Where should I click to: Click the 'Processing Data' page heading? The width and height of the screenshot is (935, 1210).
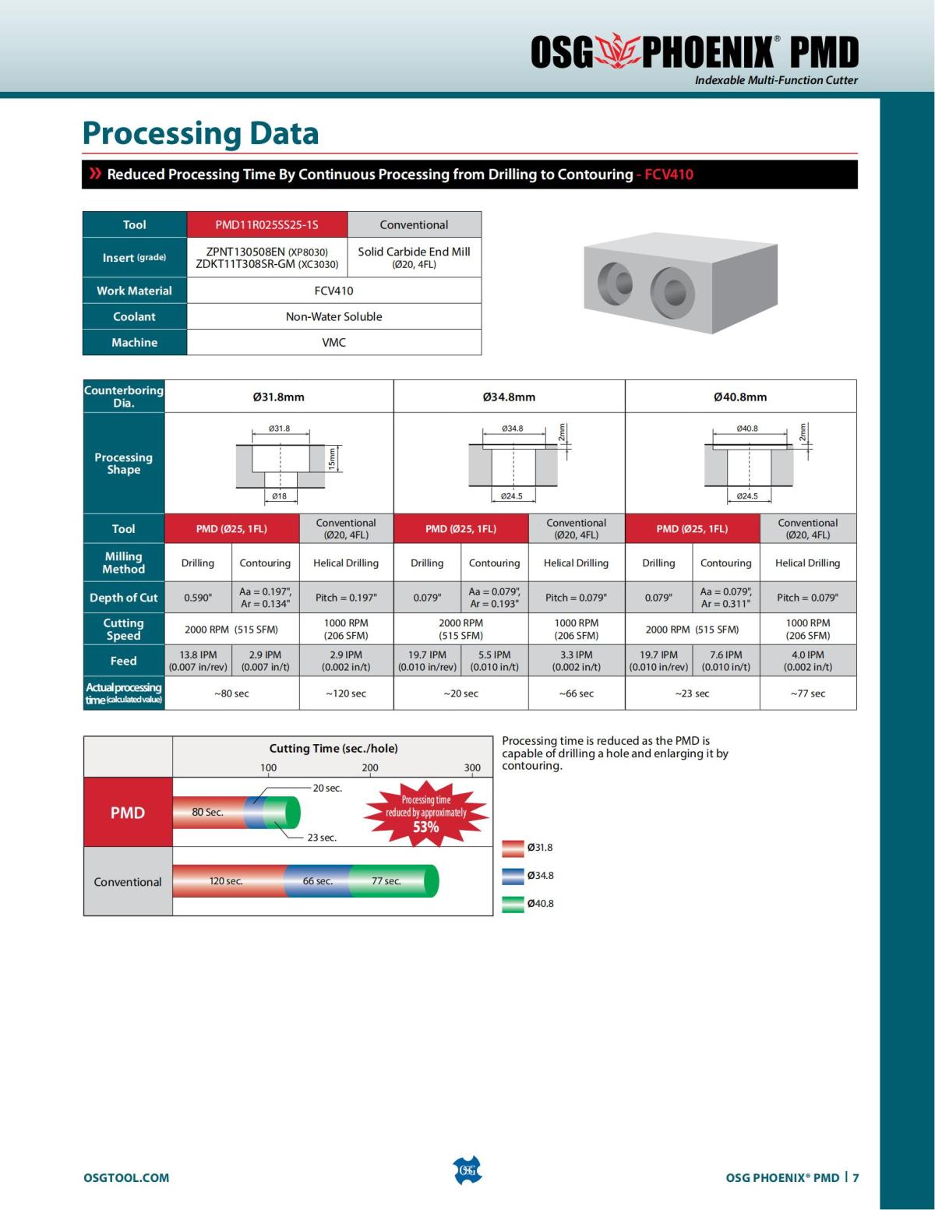200,133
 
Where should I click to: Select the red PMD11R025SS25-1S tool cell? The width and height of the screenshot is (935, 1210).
266,224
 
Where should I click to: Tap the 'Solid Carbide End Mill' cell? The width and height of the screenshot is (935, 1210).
414,257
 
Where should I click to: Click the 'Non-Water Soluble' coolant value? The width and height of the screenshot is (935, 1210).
333,316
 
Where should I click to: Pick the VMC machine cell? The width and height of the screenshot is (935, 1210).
333,342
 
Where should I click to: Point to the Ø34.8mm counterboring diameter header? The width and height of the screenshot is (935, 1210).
509,397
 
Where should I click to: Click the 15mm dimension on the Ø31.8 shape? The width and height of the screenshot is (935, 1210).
332,458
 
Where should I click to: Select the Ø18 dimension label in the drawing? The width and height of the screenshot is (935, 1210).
279,496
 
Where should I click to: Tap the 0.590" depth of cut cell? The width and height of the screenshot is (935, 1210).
198,598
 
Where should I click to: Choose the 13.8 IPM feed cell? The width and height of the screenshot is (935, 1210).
198,661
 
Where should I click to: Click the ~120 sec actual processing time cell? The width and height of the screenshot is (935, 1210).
346,693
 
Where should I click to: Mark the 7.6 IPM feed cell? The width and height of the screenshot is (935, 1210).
725,661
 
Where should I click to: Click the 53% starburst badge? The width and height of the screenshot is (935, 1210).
425,813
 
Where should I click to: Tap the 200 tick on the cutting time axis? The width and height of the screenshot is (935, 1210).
370,767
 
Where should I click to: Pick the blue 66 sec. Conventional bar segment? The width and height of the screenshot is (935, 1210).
318,881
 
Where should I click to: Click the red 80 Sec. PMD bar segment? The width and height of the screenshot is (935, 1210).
208,812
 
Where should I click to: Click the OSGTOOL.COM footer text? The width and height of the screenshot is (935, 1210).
126,1177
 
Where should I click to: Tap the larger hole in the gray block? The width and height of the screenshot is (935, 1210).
671,292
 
